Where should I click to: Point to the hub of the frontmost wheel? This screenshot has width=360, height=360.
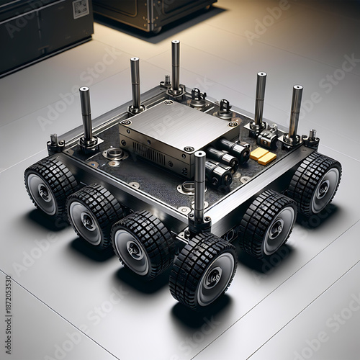pos(213,277)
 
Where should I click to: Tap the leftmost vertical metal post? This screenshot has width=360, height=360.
pos(86,115)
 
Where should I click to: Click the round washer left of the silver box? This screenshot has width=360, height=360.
pos(114,153)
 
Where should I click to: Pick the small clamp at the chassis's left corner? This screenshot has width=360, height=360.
pos(55,144)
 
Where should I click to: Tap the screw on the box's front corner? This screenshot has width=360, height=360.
pos(189,149)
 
